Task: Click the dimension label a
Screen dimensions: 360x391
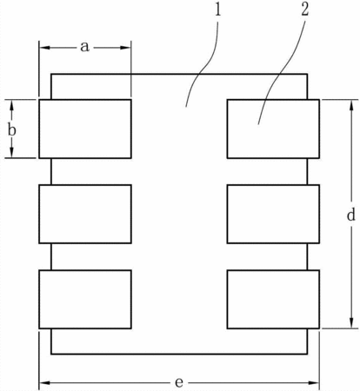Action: pos(84,47)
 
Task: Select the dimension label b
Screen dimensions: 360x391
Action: pos(12,130)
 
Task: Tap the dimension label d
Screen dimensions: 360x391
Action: pos(351,215)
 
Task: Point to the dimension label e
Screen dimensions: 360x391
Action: pos(179,382)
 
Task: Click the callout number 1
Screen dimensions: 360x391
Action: pos(217,10)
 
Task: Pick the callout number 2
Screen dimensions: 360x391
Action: pos(304,10)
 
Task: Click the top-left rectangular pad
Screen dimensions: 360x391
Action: pos(85,129)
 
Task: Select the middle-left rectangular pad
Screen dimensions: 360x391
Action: pos(85,214)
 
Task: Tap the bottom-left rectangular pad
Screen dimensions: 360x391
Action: pos(85,299)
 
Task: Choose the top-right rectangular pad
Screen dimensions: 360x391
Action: pos(273,129)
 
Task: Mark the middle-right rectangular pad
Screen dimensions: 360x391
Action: pos(273,214)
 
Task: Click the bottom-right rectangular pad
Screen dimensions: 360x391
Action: pos(273,299)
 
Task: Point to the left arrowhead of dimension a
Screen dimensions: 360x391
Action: pos(45,48)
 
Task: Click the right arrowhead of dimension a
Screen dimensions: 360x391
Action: pos(125,48)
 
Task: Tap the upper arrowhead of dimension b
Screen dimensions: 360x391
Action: pos(11,105)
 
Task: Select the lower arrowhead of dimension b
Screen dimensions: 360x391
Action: pos(11,152)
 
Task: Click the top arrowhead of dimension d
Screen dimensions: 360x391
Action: pos(351,106)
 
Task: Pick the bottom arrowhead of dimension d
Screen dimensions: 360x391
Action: pos(351,322)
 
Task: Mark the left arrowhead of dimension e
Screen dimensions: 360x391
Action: pos(45,383)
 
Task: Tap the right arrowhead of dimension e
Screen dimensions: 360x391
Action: pos(313,383)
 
